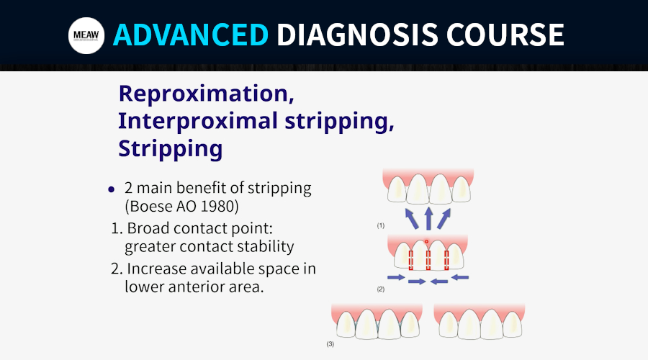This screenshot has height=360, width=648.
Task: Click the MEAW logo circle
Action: pos(86,35)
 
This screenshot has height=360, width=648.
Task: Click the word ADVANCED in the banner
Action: pos(191,35)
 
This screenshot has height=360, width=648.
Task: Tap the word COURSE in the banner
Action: pos(505,35)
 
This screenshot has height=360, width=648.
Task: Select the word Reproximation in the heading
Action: pos(206,94)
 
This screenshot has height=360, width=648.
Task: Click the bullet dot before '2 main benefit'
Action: pos(111,189)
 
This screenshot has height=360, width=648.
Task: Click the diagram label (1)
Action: pos(381,225)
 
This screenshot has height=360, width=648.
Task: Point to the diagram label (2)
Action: pos(381,289)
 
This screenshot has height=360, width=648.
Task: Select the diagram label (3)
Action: pos(330,344)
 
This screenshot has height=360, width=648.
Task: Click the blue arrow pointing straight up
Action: pos(428,218)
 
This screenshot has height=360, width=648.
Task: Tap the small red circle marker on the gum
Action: pos(426,241)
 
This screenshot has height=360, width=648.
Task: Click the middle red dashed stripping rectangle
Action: pos(428,261)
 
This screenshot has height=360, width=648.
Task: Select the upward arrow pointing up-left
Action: pos(412,219)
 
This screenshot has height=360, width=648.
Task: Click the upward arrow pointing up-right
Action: pos(444,219)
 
